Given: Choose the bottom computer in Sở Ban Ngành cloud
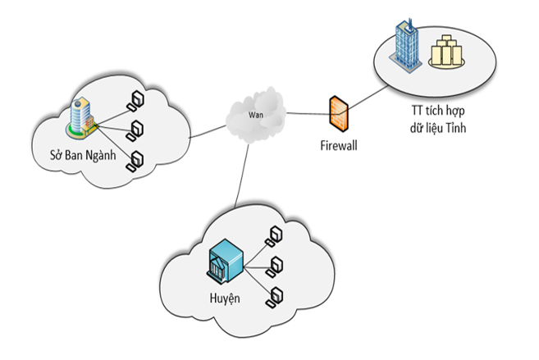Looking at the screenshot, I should tap(135, 161).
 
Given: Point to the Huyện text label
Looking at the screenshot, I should tap(222, 296).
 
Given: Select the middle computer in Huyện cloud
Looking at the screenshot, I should tap(277, 264).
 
